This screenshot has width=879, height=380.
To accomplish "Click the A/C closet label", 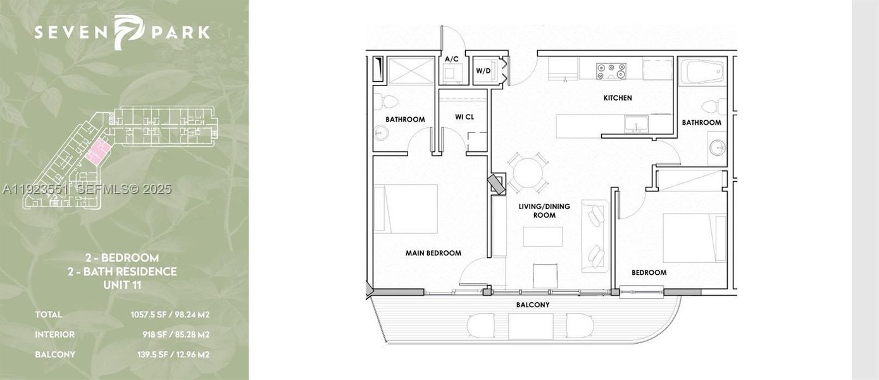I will click(451, 60).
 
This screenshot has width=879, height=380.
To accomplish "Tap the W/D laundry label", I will click(483, 71).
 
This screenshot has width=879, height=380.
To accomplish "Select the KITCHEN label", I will click(617, 98).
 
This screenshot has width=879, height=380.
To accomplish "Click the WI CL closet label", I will click(464, 117).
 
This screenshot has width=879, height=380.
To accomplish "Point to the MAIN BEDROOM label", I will click(433, 253).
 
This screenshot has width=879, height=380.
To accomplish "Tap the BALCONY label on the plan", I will click(532, 305).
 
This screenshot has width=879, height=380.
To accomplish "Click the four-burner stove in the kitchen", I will click(611, 71).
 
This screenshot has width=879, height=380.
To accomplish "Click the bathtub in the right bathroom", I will click(702, 72).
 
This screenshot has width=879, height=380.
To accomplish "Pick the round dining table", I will click(528, 172).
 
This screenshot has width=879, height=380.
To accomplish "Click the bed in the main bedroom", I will click(406, 208).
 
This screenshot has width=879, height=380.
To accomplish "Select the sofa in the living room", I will click(595, 236).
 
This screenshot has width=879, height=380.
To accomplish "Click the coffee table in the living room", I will click(542, 236).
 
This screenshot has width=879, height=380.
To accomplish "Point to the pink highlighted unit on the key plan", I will click(97, 152).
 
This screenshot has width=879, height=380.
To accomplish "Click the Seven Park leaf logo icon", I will click(128, 32).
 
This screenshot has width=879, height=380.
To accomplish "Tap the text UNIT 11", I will click(122, 285).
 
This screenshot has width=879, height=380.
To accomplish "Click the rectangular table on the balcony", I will click(530, 326).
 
